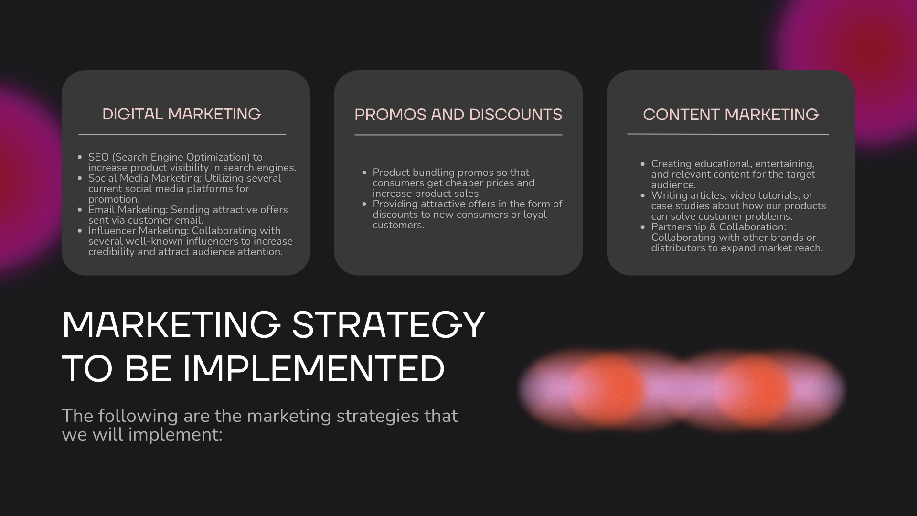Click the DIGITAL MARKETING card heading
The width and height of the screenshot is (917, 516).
(x=182, y=114)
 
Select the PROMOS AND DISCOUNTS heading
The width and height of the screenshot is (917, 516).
(x=458, y=115)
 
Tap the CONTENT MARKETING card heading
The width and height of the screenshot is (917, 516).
(x=731, y=115)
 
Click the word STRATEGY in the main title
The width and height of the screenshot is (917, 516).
(x=388, y=325)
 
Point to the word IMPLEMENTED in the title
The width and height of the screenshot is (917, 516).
(x=314, y=369)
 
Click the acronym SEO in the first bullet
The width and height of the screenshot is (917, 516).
(x=99, y=157)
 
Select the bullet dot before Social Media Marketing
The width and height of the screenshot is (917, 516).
(x=80, y=178)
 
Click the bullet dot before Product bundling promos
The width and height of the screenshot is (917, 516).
(x=364, y=172)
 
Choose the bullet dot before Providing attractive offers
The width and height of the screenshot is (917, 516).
(x=364, y=204)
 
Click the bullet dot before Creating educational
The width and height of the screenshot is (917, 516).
(x=643, y=164)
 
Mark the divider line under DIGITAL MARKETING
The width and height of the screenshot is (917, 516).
(x=182, y=135)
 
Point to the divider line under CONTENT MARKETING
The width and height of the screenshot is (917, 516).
(x=728, y=135)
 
